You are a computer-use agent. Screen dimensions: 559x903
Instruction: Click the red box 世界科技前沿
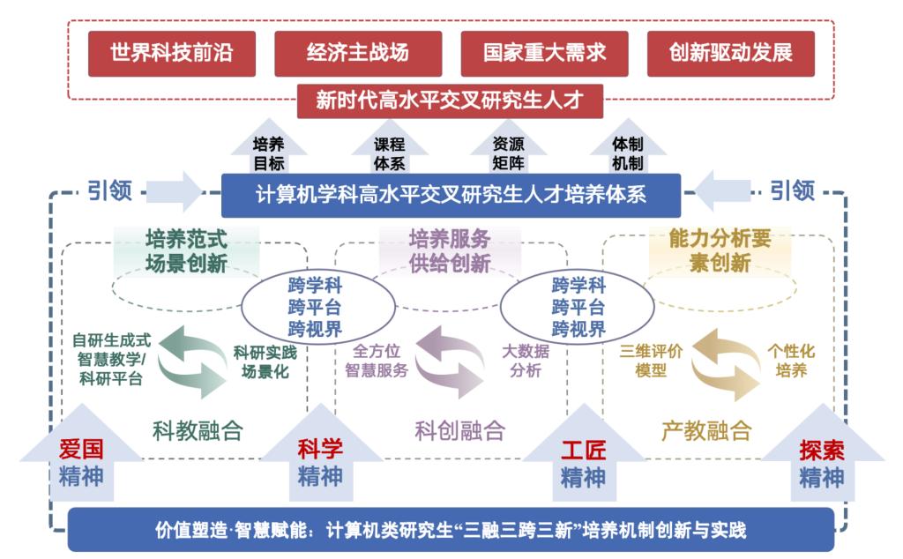tap(170, 53)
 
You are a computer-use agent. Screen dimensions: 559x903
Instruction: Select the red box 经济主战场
tap(358, 53)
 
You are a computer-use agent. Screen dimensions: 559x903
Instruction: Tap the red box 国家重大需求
tap(544, 53)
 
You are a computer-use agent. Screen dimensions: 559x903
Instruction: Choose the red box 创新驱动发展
tap(730, 53)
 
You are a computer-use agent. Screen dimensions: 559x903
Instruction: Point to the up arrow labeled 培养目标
tap(269, 153)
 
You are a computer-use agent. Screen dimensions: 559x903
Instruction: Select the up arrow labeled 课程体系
tap(389, 153)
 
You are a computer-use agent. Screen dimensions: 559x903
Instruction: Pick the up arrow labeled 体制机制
tap(628, 153)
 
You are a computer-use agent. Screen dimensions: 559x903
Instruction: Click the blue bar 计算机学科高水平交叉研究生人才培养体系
tap(450, 194)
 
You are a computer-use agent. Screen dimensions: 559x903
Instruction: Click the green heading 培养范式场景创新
tap(186, 250)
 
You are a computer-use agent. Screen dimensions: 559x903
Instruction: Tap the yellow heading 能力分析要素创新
tap(720, 250)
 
